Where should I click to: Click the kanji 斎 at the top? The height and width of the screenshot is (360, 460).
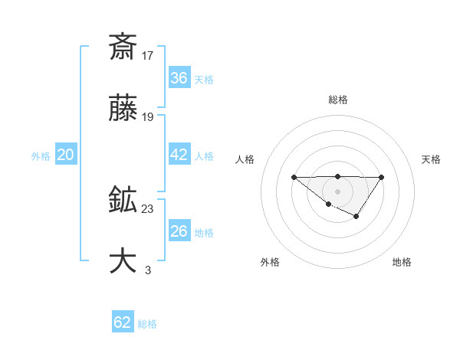(123, 47)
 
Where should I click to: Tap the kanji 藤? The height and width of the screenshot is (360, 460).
(123, 109)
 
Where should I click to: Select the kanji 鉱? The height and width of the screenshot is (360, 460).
(123, 201)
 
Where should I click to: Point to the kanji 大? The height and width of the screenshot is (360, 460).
(123, 261)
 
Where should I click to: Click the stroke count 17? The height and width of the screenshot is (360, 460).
(148, 55)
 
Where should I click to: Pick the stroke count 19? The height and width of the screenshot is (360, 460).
(148, 117)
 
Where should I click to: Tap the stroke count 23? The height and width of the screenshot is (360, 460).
(148, 209)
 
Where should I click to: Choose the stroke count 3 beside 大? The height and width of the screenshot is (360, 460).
(148, 270)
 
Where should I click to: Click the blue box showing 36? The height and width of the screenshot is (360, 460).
(179, 78)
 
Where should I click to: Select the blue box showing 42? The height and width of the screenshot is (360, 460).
(179, 155)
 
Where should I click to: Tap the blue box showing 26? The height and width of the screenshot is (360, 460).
(179, 231)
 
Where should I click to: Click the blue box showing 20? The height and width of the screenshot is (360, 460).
(65, 155)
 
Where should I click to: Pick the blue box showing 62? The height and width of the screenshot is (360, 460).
(123, 322)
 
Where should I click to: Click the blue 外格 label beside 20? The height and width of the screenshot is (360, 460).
(41, 156)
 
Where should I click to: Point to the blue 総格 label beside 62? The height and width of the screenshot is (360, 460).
(147, 324)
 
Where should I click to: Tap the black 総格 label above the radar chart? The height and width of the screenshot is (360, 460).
(338, 100)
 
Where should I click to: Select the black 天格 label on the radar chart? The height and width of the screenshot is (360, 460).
(431, 159)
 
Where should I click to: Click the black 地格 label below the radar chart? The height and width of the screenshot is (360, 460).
(402, 262)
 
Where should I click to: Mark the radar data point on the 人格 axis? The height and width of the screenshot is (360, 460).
(294, 177)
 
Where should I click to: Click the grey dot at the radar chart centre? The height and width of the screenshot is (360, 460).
(337, 191)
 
